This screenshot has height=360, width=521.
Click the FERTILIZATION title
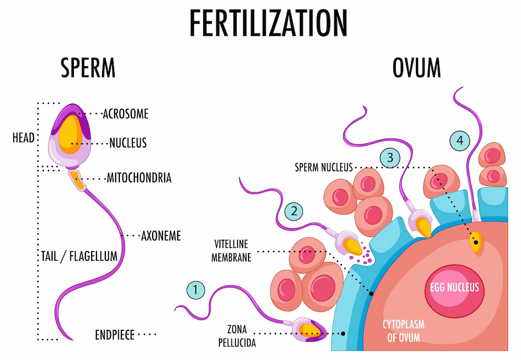268,23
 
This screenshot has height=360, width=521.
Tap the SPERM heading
88,68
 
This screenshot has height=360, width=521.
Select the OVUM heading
417,68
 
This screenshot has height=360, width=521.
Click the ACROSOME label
126,114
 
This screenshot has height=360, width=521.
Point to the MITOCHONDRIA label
139,178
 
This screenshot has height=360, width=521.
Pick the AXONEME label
161,236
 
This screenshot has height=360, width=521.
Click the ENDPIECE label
115,335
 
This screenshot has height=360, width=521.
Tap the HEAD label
23,138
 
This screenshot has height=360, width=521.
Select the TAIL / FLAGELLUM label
79,256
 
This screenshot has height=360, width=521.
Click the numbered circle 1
196,290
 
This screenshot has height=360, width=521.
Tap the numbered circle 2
294,212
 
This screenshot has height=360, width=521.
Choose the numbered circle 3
390,157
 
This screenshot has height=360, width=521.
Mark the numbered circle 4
460,141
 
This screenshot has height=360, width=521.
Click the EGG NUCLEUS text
454,287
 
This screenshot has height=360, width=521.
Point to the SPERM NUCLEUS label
324,168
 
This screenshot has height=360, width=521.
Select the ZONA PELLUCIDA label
237,336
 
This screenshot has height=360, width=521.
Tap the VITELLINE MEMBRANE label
231,251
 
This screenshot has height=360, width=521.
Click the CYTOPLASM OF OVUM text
403,331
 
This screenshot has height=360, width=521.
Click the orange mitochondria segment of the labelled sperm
78,180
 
